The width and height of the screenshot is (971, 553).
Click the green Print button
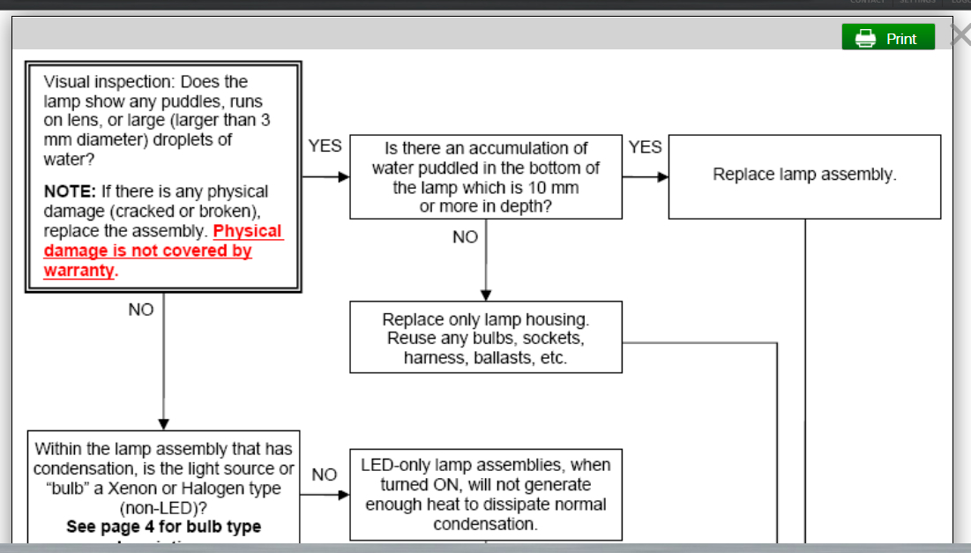coord(888,38)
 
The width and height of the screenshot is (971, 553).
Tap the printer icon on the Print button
coord(865,38)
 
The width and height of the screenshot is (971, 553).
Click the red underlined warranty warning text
coord(164,250)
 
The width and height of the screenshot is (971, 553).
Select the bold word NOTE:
coord(70,191)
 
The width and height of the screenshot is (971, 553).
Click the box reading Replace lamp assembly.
coord(804,175)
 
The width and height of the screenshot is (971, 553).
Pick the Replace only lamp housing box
coord(485,338)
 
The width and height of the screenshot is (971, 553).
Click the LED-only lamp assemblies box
coord(485,494)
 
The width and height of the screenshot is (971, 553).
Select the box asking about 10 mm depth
coord(485,176)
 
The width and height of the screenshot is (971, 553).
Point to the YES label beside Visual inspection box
coord(325,146)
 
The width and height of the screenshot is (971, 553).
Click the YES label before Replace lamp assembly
coord(645,147)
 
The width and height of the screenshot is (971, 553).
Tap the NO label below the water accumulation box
coord(465,237)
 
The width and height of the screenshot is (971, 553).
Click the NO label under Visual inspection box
coord(141,310)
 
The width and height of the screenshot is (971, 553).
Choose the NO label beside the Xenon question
coord(325,475)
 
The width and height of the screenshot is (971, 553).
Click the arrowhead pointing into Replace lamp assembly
coord(662,176)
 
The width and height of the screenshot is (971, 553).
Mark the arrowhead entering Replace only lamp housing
coord(485,295)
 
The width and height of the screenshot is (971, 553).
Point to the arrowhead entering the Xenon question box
coord(163,424)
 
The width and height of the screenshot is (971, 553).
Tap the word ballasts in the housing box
coord(510,358)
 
